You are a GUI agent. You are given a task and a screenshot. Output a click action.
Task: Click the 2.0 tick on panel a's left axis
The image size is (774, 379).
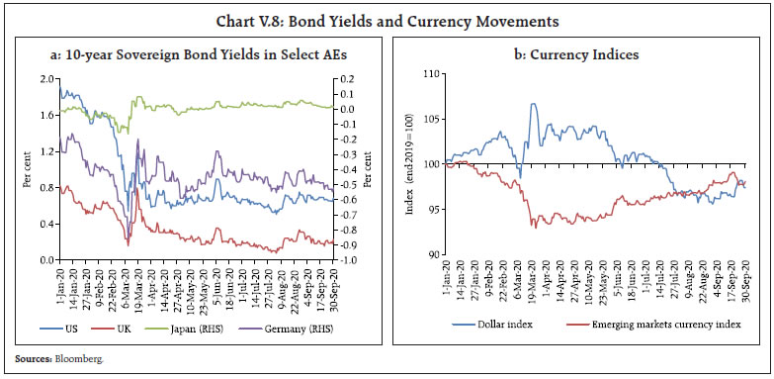click(x=43, y=78)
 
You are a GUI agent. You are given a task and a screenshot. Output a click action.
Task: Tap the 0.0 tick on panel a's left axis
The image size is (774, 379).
click(x=43, y=260)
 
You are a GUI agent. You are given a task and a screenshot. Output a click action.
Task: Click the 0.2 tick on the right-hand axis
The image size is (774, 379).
click(x=346, y=78)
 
